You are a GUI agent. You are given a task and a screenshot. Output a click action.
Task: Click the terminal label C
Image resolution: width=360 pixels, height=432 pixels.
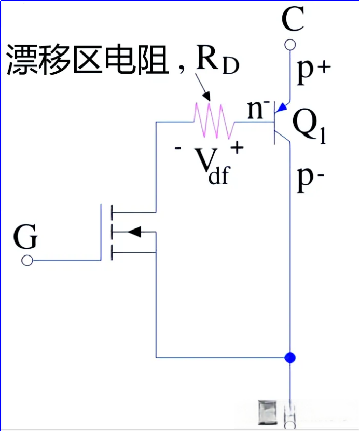coord(292,21)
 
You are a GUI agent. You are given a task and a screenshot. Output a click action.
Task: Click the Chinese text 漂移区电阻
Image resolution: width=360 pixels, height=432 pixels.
coord(87,61)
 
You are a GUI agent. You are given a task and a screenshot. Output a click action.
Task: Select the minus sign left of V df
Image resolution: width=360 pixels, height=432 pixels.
coord(178,148)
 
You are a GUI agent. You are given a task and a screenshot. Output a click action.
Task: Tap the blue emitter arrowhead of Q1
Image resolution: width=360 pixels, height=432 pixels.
coord(281,108)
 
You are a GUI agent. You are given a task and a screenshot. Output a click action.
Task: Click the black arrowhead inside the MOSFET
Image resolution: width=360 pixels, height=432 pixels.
coord(134,232)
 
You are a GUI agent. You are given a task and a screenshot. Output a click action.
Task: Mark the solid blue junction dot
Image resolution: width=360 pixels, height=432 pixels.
coord(290,357)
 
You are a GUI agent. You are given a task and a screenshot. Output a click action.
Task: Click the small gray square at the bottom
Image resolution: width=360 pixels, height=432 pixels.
coord(269,412)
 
